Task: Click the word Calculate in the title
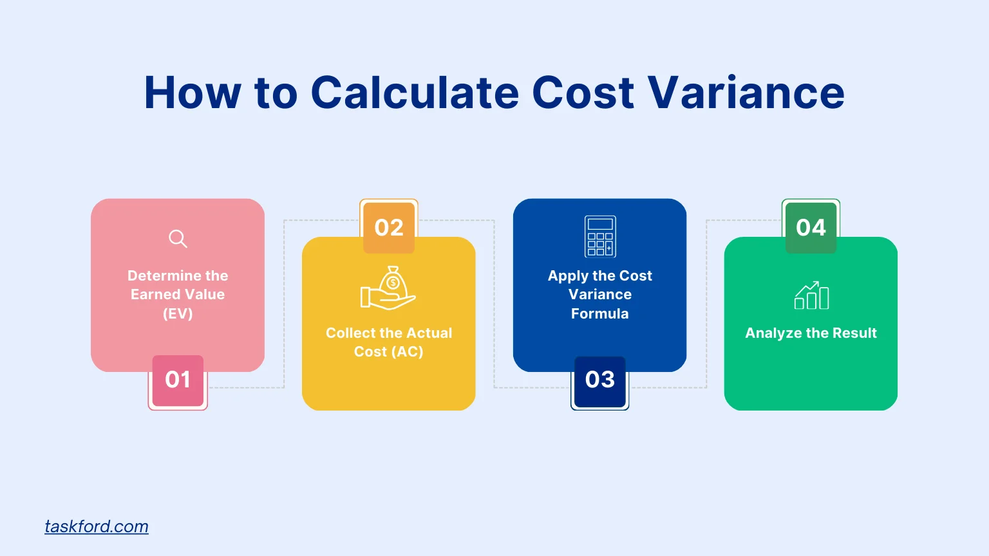(415, 93)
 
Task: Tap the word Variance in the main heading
(746, 93)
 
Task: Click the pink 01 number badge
(178, 380)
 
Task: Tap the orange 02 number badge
(389, 227)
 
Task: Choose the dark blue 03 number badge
(599, 380)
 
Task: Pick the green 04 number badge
(811, 227)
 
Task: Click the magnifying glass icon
(178, 239)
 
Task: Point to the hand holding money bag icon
(388, 288)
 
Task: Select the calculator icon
(600, 236)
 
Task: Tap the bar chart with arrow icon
(811, 295)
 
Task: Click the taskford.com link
(97, 526)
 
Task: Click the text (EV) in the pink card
(178, 313)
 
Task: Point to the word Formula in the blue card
(599, 313)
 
